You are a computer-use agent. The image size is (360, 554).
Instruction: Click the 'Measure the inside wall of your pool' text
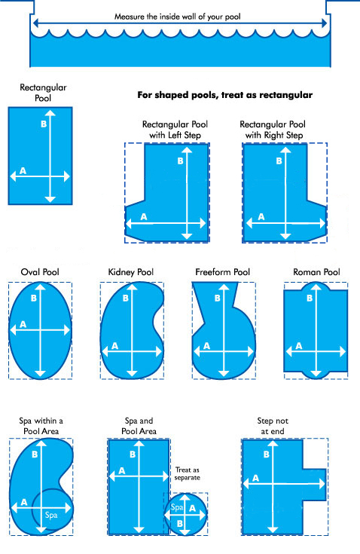(x=177, y=17)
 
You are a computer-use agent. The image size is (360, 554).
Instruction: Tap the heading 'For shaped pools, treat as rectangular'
(x=225, y=95)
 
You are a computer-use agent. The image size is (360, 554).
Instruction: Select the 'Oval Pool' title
(x=40, y=272)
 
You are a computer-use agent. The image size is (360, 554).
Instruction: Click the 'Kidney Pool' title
(x=130, y=272)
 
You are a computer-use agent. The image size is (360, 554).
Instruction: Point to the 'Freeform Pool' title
(x=222, y=272)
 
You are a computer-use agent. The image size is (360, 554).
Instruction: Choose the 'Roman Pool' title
(x=316, y=272)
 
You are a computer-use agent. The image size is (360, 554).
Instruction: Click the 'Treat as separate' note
(x=188, y=474)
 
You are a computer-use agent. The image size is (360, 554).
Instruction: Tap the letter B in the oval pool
(x=34, y=298)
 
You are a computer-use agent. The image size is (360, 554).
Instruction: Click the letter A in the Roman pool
(x=299, y=346)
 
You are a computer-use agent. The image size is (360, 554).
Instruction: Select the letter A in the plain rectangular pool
(x=23, y=171)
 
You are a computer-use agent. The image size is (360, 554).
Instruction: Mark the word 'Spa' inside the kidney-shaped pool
(x=51, y=515)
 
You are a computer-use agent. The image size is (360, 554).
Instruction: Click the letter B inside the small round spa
(x=180, y=523)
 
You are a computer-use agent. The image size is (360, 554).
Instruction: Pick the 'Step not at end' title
(x=273, y=426)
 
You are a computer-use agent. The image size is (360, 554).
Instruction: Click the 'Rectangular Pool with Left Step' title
(x=175, y=130)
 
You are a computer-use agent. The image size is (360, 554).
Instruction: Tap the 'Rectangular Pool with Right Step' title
(x=273, y=130)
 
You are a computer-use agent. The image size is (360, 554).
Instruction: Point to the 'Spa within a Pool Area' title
(x=41, y=426)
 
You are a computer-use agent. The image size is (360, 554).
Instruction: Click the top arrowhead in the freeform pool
(x=224, y=286)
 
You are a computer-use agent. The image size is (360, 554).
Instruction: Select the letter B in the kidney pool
(x=125, y=298)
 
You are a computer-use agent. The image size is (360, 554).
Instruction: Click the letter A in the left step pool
(x=144, y=217)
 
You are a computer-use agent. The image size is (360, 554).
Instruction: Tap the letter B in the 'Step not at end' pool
(x=267, y=455)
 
